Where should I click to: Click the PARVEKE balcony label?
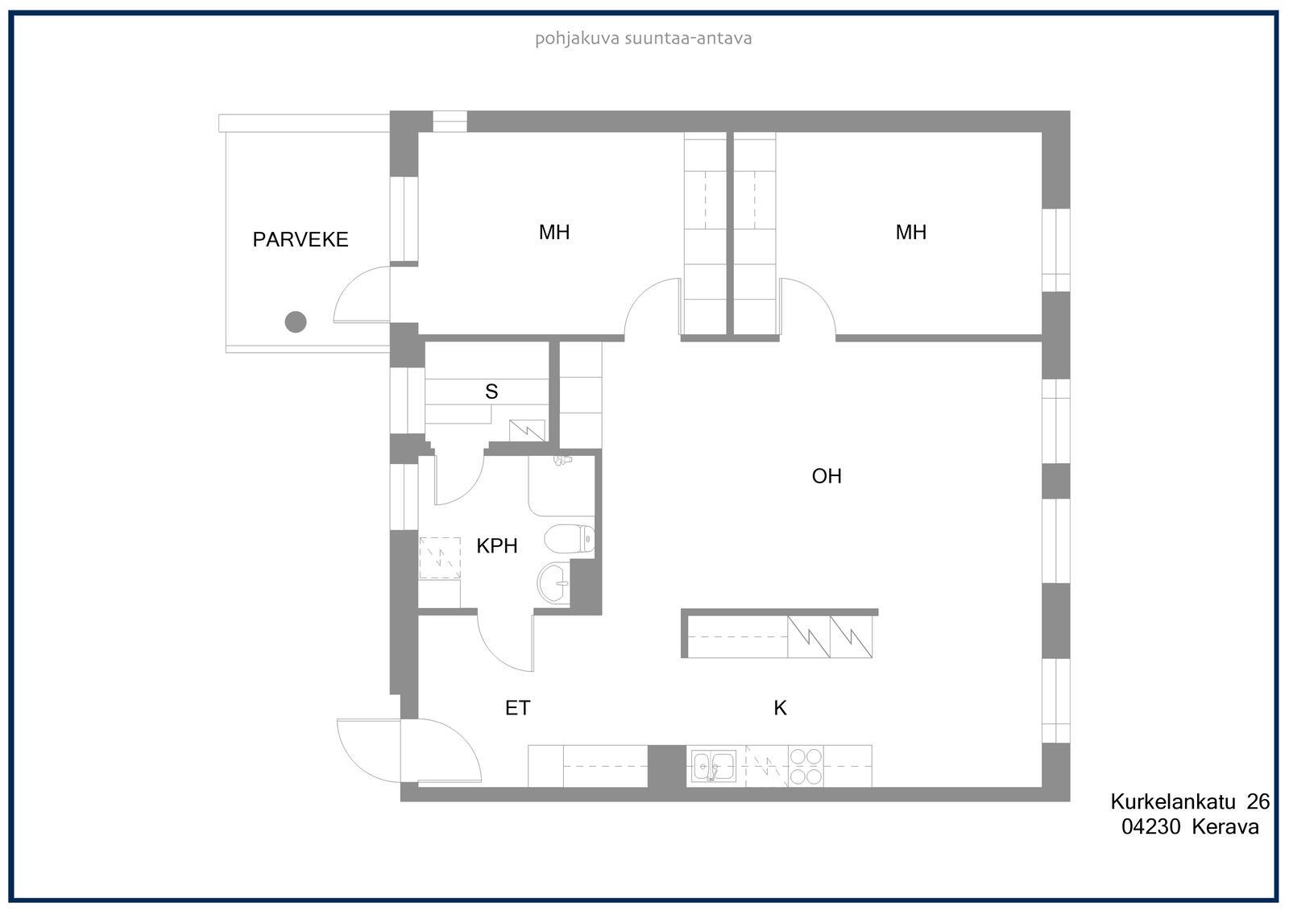pyautogui.click(x=300, y=239)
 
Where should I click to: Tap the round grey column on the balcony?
pyautogui.click(x=296, y=321)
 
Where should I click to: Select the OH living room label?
pyautogui.click(x=827, y=476)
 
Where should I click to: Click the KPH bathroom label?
pyautogui.click(x=496, y=545)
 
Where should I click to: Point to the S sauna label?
pyautogui.click(x=491, y=391)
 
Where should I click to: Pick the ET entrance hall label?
pyautogui.click(x=517, y=708)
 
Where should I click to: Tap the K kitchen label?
pyautogui.click(x=780, y=708)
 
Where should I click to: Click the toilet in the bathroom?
pyautogui.click(x=569, y=539)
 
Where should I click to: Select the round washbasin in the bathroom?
pyautogui.click(x=553, y=583)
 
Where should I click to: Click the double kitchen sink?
pyautogui.click(x=714, y=766)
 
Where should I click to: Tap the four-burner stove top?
pyautogui.click(x=806, y=767)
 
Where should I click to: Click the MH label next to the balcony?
pyautogui.click(x=554, y=232)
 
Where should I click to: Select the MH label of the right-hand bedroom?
pyautogui.click(x=911, y=232)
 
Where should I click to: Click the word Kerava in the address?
pyautogui.click(x=1225, y=827)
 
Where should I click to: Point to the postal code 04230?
pyautogui.click(x=1151, y=827)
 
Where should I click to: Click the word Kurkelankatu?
pyautogui.click(x=1173, y=801)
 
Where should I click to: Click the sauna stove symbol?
pyautogui.click(x=527, y=431)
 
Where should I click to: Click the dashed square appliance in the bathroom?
pyautogui.click(x=440, y=557)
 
